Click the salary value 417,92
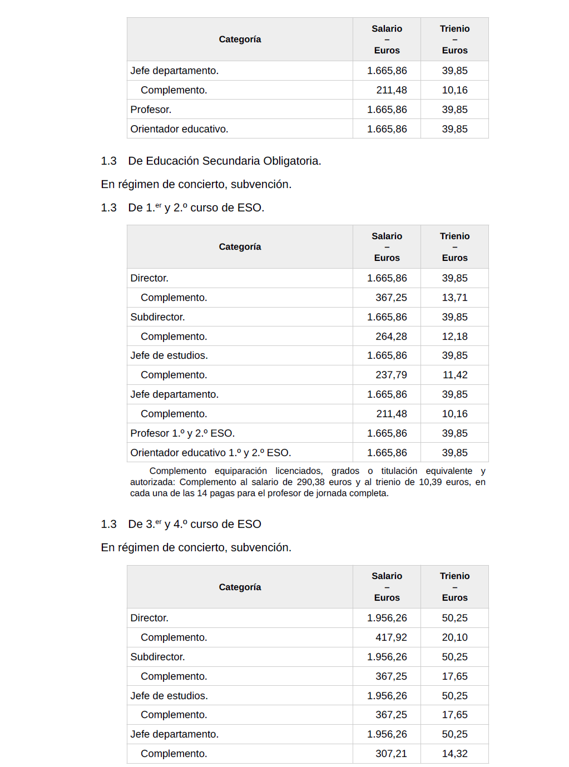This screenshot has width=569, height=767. point(391,637)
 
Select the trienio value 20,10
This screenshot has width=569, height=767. point(454,637)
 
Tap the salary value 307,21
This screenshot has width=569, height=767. point(391,754)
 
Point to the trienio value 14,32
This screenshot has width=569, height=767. point(454,754)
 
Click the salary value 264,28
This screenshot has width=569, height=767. point(391,337)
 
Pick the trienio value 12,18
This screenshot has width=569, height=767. point(454,337)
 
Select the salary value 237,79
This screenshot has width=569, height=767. point(391,375)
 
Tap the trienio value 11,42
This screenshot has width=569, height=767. point(454,375)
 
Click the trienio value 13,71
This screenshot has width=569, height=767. point(454,298)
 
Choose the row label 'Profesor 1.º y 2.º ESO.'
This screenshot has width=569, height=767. point(182,433)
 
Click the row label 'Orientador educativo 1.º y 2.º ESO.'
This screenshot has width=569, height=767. point(211,453)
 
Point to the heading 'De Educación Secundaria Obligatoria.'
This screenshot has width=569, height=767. point(225,161)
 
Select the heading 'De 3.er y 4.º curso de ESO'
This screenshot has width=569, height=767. point(195,524)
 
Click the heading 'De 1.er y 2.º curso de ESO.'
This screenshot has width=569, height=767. point(196,207)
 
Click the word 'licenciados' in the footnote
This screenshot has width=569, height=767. point(299,471)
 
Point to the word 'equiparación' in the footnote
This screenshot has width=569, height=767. point(241,471)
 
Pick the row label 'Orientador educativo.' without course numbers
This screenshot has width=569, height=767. point(179,129)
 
